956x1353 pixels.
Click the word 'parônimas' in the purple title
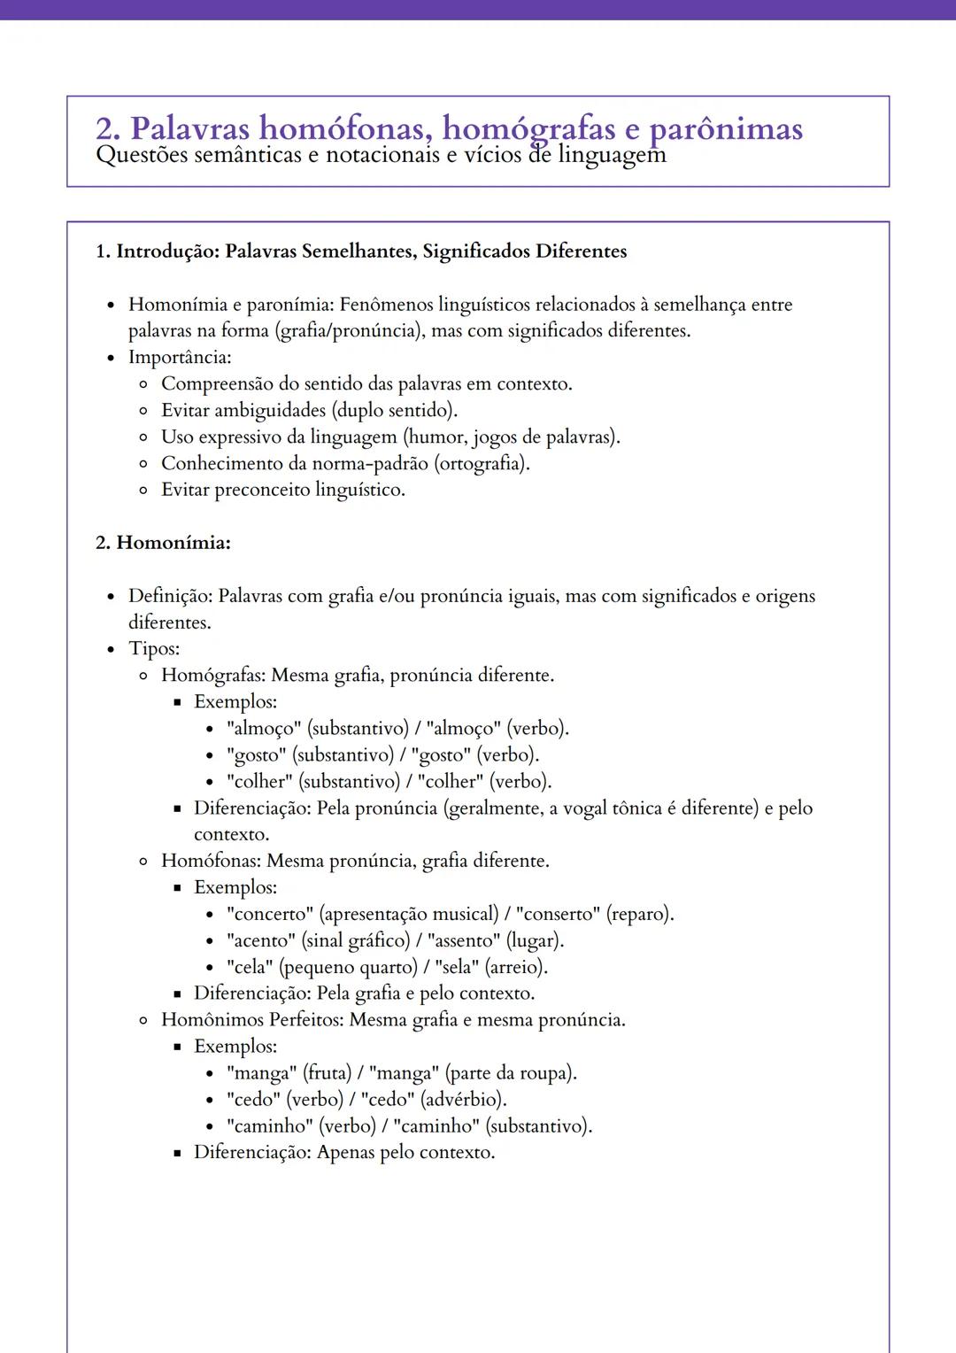(x=726, y=129)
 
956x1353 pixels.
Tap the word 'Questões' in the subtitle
(x=141, y=156)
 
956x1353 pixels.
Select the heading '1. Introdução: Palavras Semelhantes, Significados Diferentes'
(x=361, y=251)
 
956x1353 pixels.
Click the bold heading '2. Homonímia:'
(x=163, y=543)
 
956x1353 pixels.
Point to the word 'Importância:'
(x=180, y=358)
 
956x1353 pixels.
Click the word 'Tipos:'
(x=154, y=649)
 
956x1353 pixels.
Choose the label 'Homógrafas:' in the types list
(x=213, y=676)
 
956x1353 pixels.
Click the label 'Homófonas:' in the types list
(x=211, y=862)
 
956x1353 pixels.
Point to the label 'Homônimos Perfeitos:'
(x=252, y=1020)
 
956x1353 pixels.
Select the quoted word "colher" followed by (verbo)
(x=451, y=782)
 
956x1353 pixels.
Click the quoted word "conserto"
(x=558, y=914)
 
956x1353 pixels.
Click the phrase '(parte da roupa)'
(x=511, y=1073)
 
